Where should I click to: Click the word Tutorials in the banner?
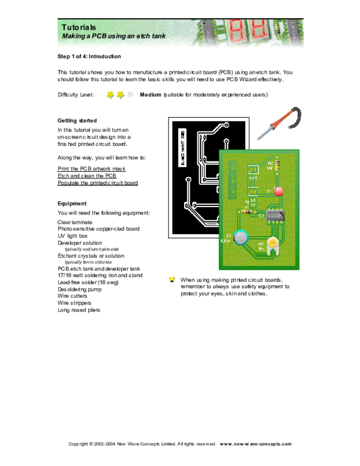click(x=79, y=27)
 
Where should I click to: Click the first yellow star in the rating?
click(x=110, y=95)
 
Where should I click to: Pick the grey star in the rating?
click(x=131, y=95)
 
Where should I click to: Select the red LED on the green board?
click(x=278, y=192)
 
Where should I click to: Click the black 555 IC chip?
click(x=275, y=214)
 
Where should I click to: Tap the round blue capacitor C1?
click(x=241, y=237)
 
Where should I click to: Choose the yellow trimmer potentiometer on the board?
click(x=273, y=243)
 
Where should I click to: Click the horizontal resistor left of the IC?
click(x=245, y=211)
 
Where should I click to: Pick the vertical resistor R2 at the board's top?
click(x=278, y=164)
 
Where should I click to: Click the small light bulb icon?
click(x=173, y=279)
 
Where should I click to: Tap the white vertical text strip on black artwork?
click(x=183, y=147)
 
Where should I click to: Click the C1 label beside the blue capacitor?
click(x=228, y=235)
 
